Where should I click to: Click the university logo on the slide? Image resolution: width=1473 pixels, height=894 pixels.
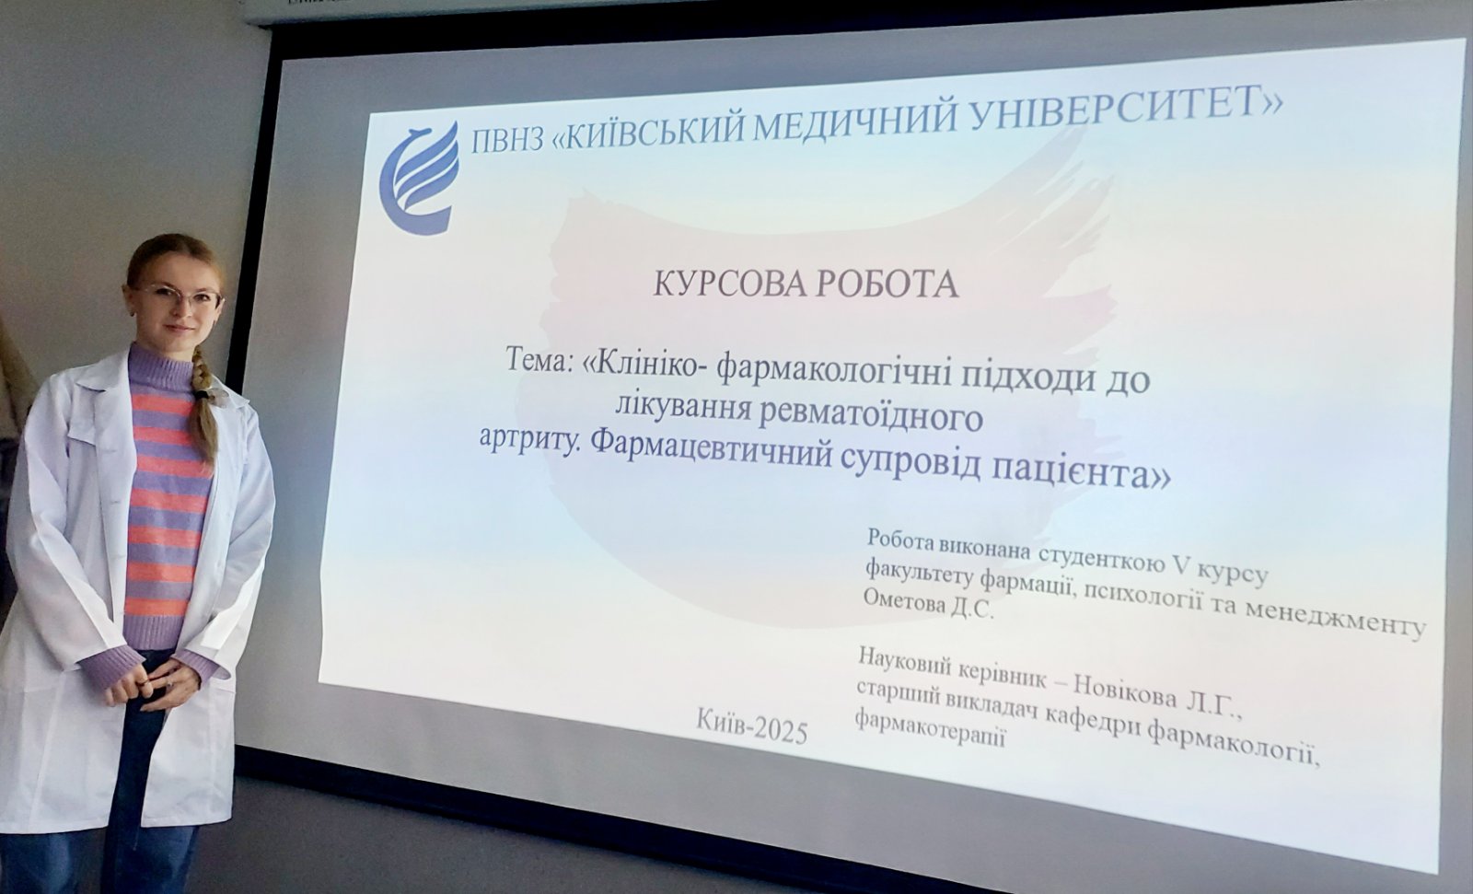coord(420,177)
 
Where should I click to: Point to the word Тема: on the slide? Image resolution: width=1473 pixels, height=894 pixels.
coord(541,360)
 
